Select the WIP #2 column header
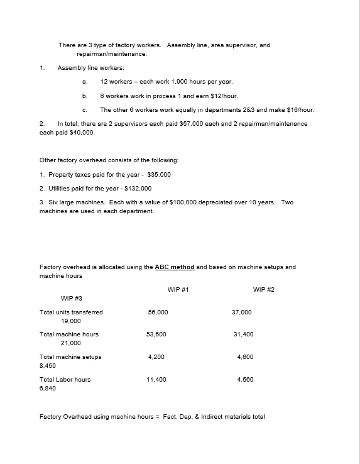point(263,289)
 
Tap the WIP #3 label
point(72,298)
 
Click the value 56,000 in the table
point(158,312)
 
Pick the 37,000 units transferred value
point(242,312)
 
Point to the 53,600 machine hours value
point(158,334)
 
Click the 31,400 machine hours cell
point(243,334)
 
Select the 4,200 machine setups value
point(156,356)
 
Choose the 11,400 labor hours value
point(156,379)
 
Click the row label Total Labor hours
point(65,379)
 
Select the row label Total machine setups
point(70,356)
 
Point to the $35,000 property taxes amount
point(158,174)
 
